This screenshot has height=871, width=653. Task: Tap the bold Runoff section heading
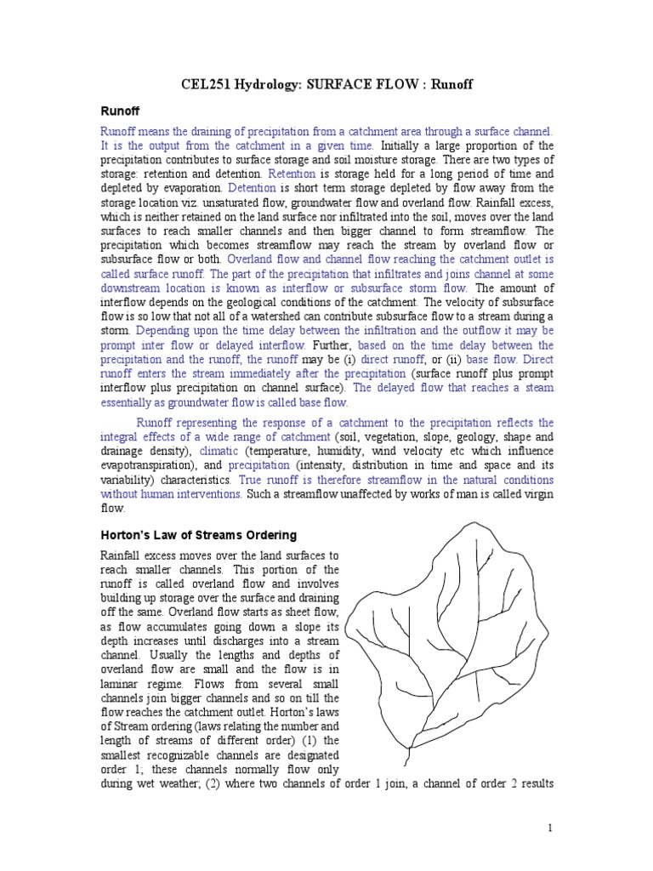120,111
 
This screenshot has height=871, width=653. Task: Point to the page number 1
550,827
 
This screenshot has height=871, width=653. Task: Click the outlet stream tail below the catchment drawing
410,754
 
